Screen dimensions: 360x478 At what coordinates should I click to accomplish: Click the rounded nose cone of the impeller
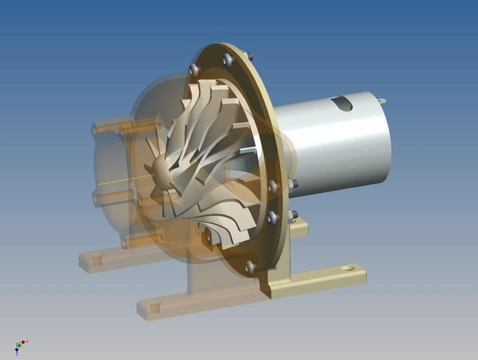162,170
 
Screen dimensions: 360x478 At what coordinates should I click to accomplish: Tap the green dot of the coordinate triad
19,345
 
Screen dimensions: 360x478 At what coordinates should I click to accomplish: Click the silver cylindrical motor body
335,150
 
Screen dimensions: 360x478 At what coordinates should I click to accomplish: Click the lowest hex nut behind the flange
295,214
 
